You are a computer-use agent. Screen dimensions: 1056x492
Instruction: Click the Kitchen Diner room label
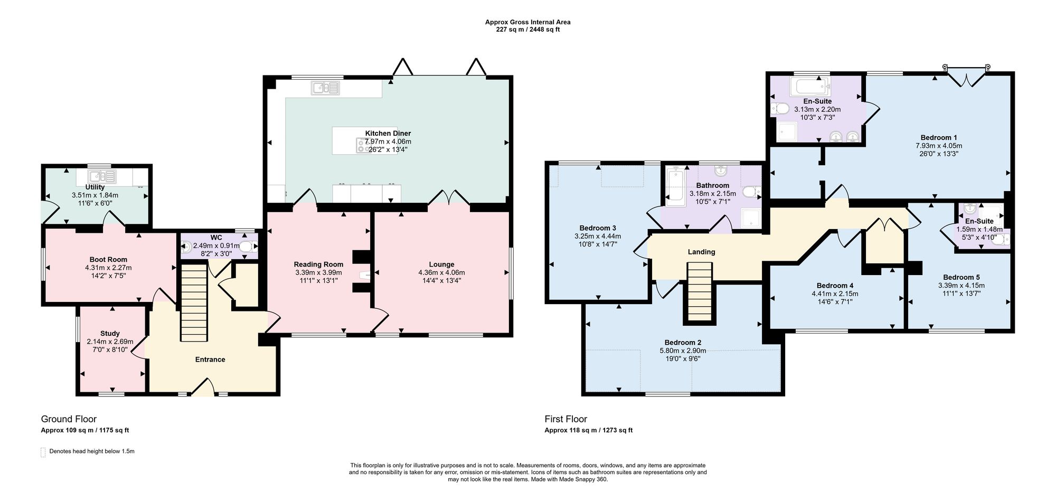388,134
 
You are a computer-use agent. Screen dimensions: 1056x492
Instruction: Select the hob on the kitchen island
362,145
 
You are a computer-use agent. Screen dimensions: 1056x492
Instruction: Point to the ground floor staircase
193,303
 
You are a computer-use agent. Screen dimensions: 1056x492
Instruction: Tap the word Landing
701,252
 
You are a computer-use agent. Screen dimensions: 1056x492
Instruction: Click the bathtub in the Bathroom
674,187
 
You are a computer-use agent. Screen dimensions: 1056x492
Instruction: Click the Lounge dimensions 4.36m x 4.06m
441,273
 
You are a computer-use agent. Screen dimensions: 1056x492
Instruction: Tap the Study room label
110,334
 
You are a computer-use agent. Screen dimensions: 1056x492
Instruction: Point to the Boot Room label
108,260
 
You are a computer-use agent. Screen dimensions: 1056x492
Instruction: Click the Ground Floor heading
69,419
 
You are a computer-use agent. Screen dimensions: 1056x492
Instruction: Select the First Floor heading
566,419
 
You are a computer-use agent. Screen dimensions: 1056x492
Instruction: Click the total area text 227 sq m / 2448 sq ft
527,30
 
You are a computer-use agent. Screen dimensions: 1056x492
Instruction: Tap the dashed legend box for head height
43,452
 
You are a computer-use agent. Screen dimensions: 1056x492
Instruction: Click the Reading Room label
318,264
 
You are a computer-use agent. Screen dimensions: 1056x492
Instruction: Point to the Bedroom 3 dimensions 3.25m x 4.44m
598,236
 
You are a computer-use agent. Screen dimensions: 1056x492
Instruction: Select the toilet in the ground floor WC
247,246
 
